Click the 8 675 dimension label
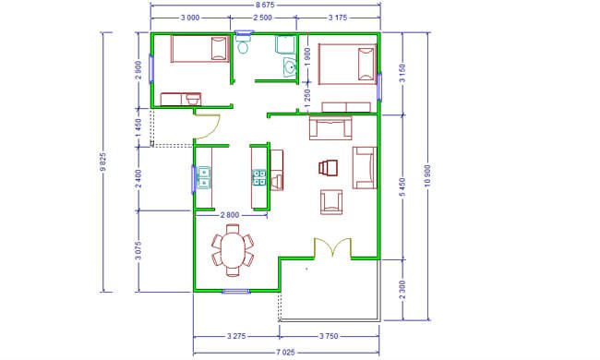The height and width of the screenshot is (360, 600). [x=265, y=5]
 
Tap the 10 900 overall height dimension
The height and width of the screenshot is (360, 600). [x=427, y=175]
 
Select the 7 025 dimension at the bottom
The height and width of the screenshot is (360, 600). [x=285, y=353]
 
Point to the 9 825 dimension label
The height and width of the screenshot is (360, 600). [x=102, y=162]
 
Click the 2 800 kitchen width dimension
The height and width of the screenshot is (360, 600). [x=230, y=215]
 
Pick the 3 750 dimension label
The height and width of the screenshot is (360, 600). [x=329, y=336]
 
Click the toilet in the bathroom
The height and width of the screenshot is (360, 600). [x=243, y=44]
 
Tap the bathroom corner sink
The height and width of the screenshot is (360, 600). [x=290, y=67]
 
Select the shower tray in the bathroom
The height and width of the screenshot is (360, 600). [x=285, y=44]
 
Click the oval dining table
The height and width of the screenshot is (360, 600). [x=233, y=250]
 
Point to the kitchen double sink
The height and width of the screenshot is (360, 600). [x=204, y=177]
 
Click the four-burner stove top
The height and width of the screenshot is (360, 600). [x=259, y=177]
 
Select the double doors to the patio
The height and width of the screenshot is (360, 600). [x=332, y=246]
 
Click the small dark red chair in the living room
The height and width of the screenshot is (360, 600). [x=328, y=168]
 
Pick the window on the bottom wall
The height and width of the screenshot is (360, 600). [x=236, y=292]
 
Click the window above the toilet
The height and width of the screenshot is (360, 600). [x=244, y=32]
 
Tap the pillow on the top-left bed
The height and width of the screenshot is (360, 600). [x=220, y=49]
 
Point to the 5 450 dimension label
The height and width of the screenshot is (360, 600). [x=402, y=186]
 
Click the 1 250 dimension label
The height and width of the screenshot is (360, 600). [x=307, y=97]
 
